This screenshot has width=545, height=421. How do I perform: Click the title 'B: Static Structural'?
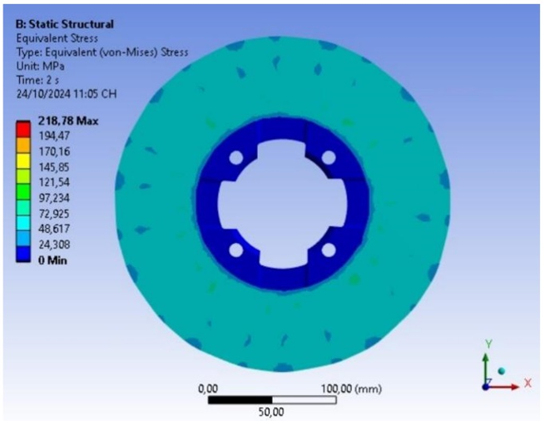tap(65, 24)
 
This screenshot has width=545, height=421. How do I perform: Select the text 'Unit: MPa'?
tap(40, 66)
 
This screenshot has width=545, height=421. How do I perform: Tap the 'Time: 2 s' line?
tap(37, 80)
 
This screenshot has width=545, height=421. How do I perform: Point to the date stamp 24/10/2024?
tap(43, 94)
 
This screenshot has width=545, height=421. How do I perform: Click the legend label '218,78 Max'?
tap(68, 121)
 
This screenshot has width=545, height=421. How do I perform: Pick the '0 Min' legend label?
tap(52, 260)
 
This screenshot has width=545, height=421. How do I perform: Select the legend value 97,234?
tap(54, 198)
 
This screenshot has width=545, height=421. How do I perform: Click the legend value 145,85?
tap(54, 167)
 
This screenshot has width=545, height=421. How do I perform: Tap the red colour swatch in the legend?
tap(23, 129)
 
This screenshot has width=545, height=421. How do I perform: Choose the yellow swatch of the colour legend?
tap(23, 161)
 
